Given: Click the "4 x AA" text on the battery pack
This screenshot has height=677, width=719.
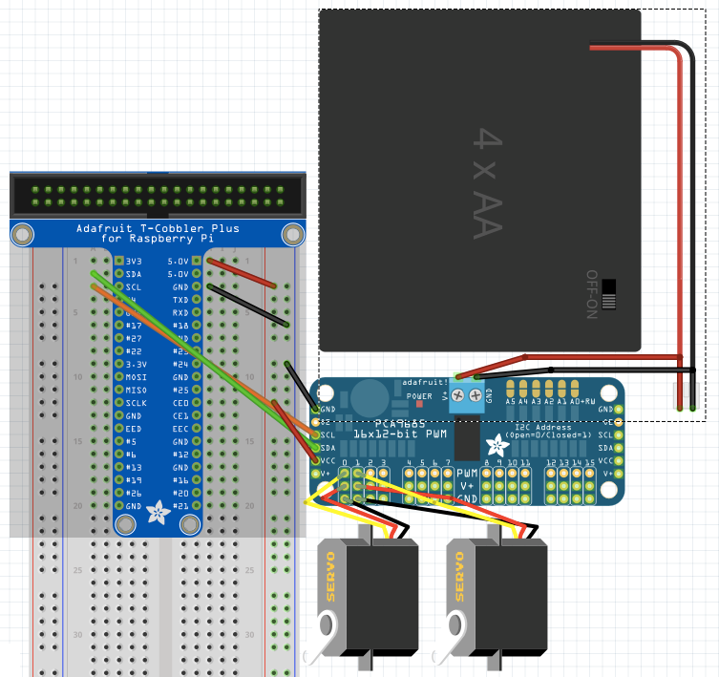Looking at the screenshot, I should pos(486,184).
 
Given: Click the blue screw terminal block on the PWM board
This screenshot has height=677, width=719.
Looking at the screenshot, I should pos(466,396).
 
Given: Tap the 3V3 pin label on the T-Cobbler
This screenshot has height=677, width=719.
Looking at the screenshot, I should pos(134,261).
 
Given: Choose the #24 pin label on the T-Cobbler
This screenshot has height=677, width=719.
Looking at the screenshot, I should pos(179,364).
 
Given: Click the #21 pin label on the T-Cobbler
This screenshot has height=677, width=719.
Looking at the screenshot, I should pos(179,506).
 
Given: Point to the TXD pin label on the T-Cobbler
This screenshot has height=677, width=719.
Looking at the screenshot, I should pos(180,299).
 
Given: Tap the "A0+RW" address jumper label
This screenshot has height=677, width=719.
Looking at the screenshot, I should pos(582,402).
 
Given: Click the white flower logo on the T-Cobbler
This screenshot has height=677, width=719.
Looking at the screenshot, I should pos(157,514).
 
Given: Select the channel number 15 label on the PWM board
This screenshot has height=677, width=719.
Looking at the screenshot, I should pos(590,462).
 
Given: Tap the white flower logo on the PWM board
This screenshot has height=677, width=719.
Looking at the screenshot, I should pos(497,445).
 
